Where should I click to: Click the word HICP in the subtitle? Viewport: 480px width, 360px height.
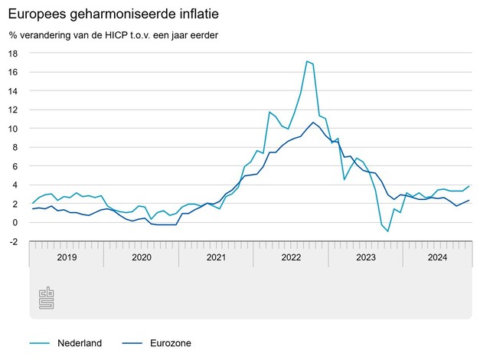[x=131, y=34]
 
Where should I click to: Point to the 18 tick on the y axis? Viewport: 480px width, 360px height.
[x=14, y=54]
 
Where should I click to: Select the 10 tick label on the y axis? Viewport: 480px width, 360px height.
[x=14, y=129]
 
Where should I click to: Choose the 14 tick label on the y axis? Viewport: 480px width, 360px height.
[x=14, y=91]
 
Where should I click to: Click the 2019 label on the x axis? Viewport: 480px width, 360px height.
[x=67, y=257]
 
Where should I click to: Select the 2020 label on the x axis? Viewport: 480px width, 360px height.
[x=142, y=257]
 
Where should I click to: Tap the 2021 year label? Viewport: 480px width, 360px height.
[x=217, y=257]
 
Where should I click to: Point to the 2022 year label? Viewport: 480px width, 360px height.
[x=291, y=257]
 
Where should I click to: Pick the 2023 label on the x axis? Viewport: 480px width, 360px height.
[x=366, y=257]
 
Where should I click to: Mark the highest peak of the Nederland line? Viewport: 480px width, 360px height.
[x=306, y=61]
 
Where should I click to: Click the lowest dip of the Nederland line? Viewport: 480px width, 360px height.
[x=388, y=231]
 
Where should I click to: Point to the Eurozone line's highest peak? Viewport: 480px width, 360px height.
[x=312, y=123]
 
